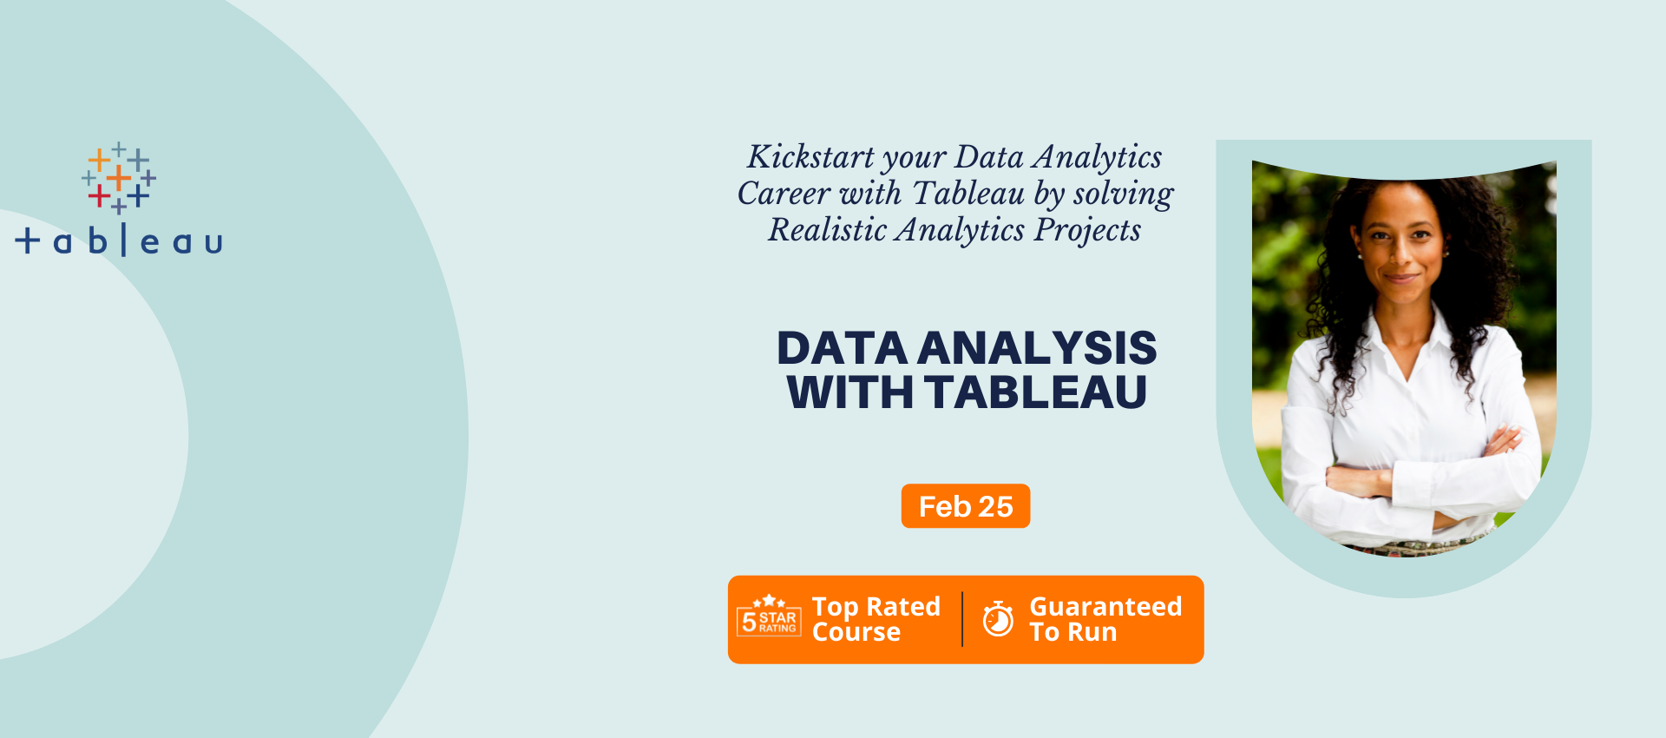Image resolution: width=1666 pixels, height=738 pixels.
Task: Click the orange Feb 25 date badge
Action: (x=966, y=505)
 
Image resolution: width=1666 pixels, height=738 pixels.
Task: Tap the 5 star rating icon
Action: (x=769, y=616)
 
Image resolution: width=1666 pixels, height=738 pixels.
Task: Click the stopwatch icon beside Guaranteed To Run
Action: (x=998, y=619)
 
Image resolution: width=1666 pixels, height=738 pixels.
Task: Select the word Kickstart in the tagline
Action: (x=810, y=157)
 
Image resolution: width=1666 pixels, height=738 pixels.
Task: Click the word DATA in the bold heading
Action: (x=842, y=348)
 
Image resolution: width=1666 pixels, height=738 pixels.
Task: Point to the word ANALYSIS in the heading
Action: (x=1037, y=348)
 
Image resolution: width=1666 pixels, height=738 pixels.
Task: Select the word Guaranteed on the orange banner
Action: (x=1105, y=606)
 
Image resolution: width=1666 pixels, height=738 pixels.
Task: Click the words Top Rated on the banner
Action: (x=876, y=606)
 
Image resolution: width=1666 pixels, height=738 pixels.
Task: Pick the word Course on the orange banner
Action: (x=856, y=632)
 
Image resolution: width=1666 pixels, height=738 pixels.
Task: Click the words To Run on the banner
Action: (x=1073, y=632)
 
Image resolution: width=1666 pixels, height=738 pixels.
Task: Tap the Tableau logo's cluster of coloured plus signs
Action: (x=119, y=178)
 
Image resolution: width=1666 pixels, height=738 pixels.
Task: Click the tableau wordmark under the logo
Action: (x=119, y=241)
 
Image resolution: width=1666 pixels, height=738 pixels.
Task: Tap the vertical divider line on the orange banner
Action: (x=962, y=619)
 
